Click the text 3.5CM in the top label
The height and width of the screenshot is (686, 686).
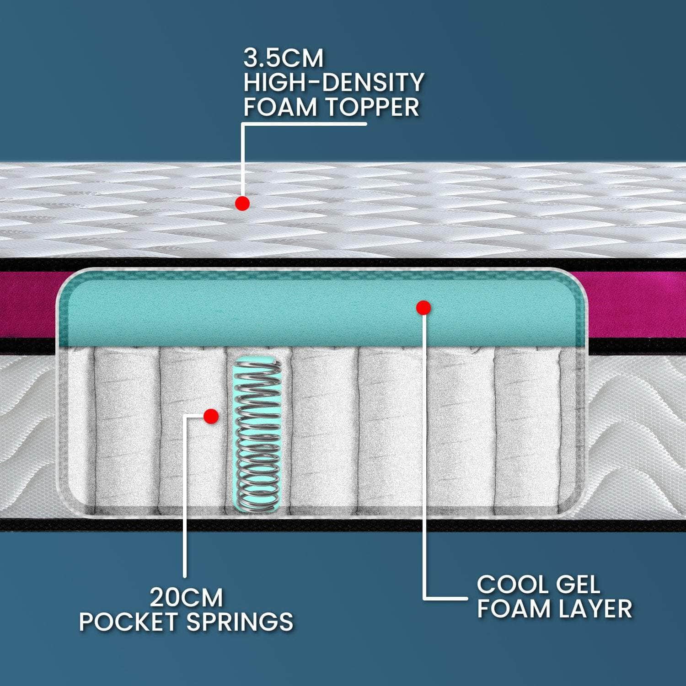tap(283, 59)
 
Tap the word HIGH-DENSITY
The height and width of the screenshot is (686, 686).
tap(333, 83)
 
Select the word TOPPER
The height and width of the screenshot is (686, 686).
tap(372, 107)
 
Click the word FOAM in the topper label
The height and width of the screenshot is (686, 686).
tap(280, 107)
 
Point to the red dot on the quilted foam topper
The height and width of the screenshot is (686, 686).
tap(242, 204)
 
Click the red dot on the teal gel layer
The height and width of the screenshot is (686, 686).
tap(424, 308)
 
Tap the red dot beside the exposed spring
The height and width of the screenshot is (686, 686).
tap(211, 416)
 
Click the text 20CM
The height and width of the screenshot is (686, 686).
tap(186, 597)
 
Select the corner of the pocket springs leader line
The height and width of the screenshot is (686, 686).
tap(185, 416)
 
